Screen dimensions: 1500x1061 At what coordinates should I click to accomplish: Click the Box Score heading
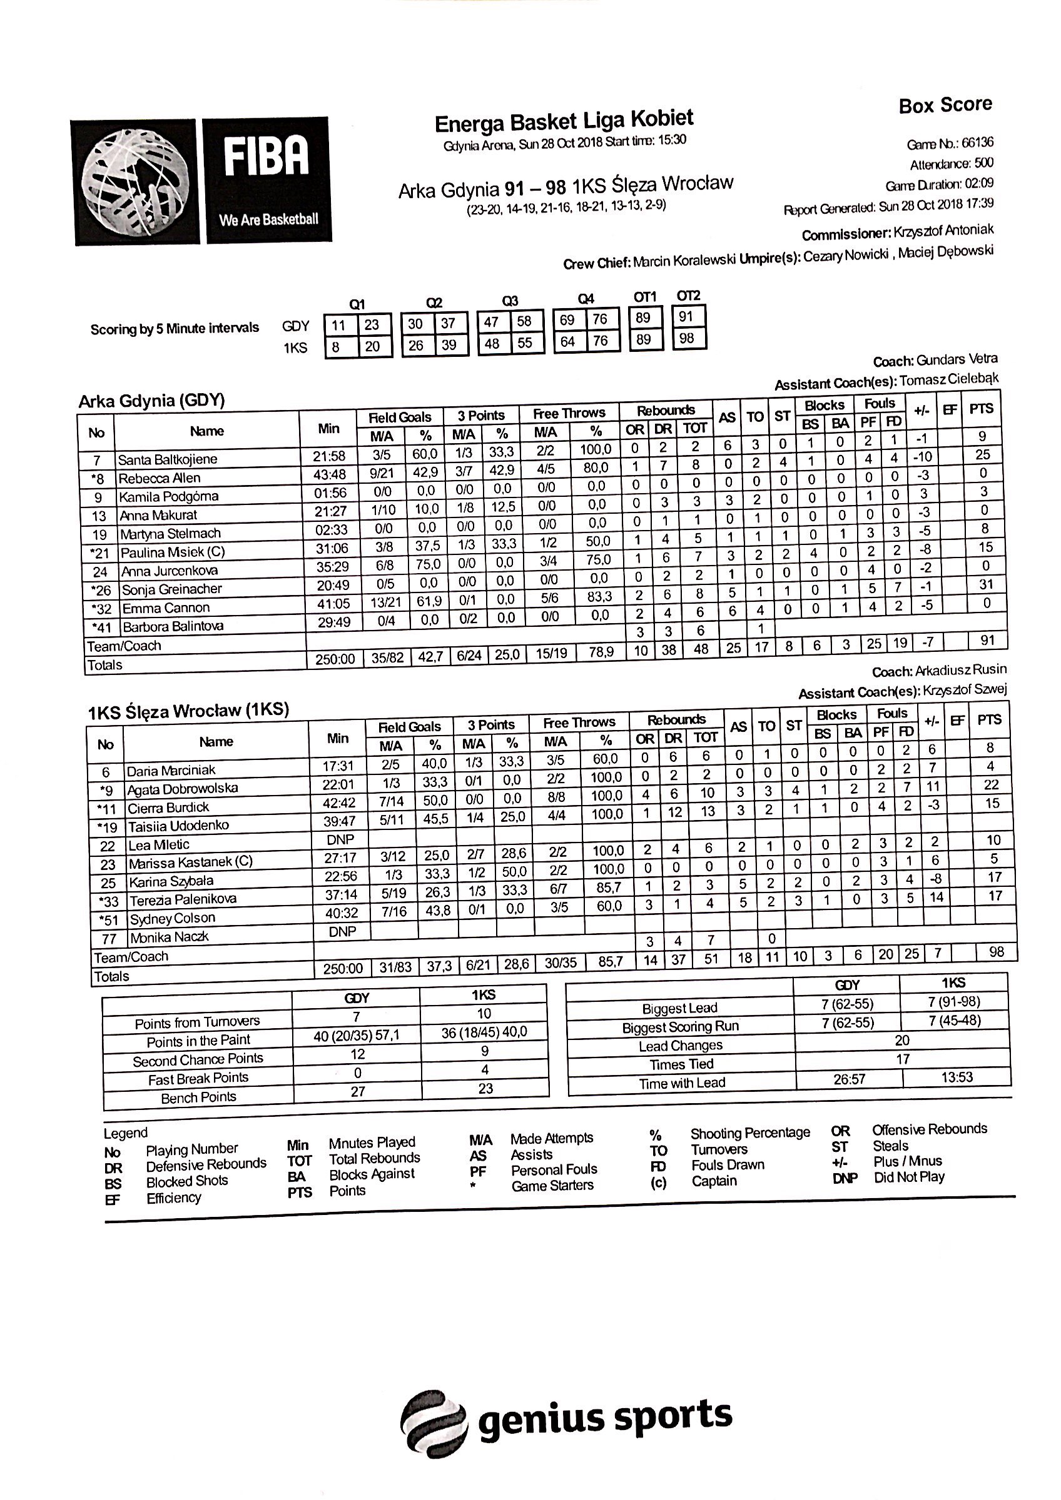(945, 106)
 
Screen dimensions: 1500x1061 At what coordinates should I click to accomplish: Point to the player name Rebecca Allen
(160, 478)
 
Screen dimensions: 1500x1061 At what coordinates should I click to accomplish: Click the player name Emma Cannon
(166, 608)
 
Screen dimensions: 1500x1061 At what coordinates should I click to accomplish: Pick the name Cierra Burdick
(168, 807)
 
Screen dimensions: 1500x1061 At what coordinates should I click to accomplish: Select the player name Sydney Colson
(172, 919)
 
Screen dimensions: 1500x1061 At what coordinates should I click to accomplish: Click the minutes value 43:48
(330, 474)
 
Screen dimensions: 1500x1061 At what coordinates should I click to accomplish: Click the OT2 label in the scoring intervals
(688, 296)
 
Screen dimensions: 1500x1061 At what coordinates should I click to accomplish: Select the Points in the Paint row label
(198, 1041)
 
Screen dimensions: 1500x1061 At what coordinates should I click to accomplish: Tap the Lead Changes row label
(681, 1046)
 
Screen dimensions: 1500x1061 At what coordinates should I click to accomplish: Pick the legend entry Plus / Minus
(907, 1161)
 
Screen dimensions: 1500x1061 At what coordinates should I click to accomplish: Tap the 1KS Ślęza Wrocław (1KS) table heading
(188, 711)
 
